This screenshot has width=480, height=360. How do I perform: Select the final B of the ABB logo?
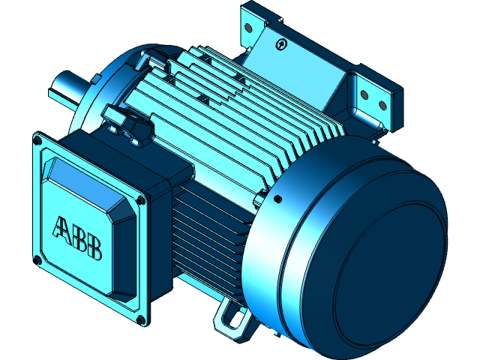(94, 249)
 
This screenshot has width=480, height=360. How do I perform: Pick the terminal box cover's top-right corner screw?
(142, 200)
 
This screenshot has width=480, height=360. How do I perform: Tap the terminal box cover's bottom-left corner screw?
(37, 259)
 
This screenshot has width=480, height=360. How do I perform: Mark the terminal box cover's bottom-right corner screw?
(140, 321)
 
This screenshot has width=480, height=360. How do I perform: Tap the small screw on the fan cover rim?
(277, 199)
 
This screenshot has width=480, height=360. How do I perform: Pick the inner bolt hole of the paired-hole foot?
(364, 95)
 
